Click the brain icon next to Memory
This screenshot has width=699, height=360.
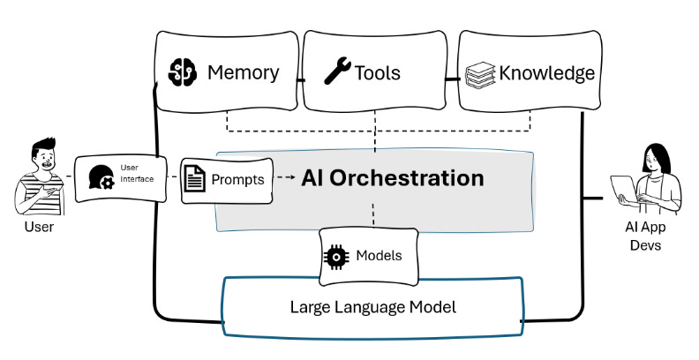[x=182, y=71]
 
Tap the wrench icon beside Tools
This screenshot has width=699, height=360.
[x=337, y=71]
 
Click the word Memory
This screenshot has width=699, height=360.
[x=243, y=72]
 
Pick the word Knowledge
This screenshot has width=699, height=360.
[x=546, y=72]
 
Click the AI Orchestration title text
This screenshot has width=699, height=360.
[x=392, y=177]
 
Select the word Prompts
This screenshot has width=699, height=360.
[x=237, y=179]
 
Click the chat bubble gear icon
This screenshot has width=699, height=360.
[x=100, y=177]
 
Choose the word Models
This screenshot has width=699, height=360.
[x=379, y=256]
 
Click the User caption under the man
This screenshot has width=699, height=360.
[x=39, y=227]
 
